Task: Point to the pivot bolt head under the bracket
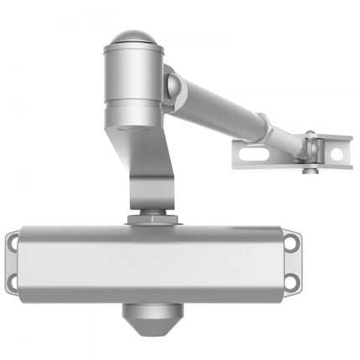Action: [310, 172]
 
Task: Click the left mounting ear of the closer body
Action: [13, 262]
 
